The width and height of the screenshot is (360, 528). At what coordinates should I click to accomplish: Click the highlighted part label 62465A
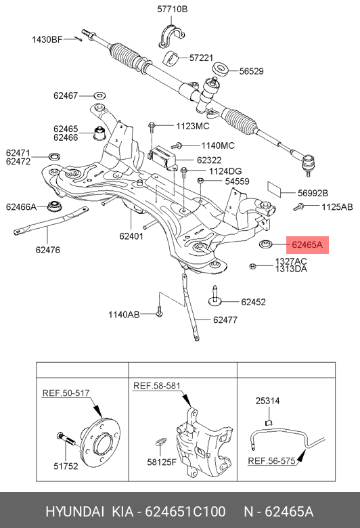point(307,245)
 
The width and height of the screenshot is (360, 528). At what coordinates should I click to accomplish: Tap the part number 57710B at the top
point(172,9)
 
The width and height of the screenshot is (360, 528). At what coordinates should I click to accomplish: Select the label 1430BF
point(47,40)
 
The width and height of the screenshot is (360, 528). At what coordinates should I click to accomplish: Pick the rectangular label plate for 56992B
point(275,190)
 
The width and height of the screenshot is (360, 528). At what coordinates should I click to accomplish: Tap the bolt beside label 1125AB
point(298,206)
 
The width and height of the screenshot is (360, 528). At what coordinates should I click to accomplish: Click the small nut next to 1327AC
point(252,267)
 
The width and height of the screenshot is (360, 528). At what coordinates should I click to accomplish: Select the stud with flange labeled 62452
point(215,297)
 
